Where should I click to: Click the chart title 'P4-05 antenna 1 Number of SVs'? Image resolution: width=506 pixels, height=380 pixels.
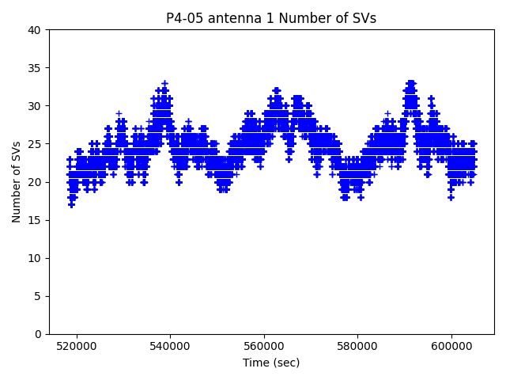click(x=271, y=18)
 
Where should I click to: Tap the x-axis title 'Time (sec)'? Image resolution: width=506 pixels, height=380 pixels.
click(x=271, y=363)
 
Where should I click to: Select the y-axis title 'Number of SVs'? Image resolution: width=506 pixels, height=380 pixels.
click(x=17, y=182)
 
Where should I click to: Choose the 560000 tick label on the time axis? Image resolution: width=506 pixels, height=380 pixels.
click(x=264, y=346)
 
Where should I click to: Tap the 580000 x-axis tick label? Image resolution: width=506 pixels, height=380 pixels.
click(x=357, y=346)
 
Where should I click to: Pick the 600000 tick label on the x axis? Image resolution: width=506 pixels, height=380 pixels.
click(x=451, y=346)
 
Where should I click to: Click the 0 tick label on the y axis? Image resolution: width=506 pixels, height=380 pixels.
click(x=39, y=334)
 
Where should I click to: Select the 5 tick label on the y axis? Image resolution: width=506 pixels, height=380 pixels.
click(x=39, y=296)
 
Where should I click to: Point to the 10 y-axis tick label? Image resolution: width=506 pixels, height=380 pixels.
click(x=36, y=258)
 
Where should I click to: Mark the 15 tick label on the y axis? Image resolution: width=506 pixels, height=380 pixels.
click(x=36, y=220)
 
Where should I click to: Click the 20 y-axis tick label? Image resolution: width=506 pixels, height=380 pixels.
click(x=36, y=182)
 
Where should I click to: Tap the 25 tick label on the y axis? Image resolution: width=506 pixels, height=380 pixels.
click(x=36, y=144)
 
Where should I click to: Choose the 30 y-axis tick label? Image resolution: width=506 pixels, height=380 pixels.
click(x=36, y=106)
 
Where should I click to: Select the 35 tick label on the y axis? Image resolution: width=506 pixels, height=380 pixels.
click(x=36, y=68)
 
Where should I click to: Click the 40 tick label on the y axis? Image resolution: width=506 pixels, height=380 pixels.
click(x=36, y=30)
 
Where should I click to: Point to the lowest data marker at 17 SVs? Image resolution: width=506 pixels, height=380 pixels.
click(x=71, y=204)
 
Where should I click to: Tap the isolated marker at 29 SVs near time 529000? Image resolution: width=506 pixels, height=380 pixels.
click(x=119, y=113)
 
